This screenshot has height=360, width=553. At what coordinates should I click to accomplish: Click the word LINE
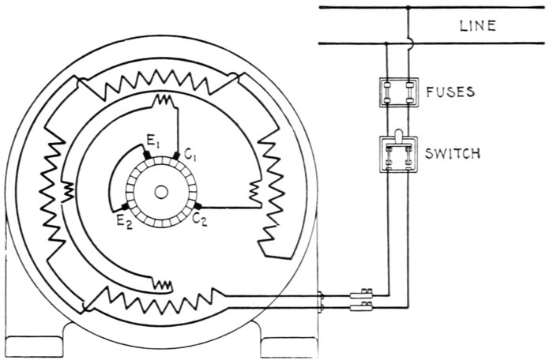pos(478,25)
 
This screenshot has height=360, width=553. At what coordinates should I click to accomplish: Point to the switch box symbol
pos(398,153)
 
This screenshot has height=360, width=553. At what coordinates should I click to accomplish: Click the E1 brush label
pos(152,143)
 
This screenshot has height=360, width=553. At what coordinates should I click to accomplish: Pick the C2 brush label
pos(201,221)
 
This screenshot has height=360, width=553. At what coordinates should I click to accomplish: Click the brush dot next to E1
pos(148,156)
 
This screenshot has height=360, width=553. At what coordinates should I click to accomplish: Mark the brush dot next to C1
pos(176,156)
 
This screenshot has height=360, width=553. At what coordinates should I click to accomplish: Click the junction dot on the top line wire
pos(408,8)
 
